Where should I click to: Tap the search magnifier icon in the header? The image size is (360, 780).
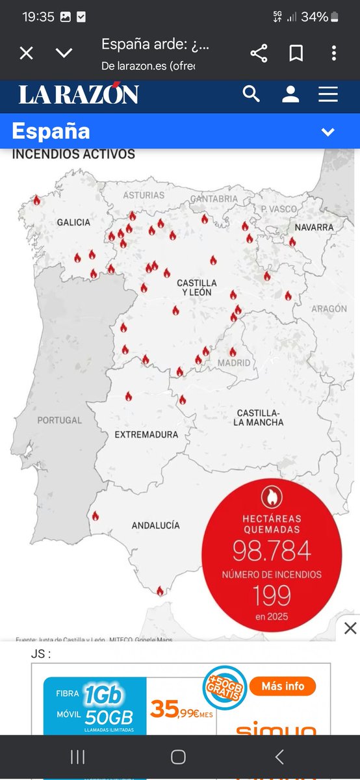pyautogui.click(x=251, y=94)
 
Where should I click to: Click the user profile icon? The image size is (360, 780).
pyautogui.click(x=290, y=94)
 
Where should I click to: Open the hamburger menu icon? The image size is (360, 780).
pyautogui.click(x=328, y=94)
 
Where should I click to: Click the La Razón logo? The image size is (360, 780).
pyautogui.click(x=79, y=95)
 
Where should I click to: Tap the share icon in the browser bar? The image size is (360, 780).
pyautogui.click(x=259, y=53)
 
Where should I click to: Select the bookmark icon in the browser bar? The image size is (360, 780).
pyautogui.click(x=296, y=53)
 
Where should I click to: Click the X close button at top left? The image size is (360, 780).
pyautogui.click(x=26, y=53)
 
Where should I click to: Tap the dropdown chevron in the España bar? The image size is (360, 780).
pyautogui.click(x=328, y=132)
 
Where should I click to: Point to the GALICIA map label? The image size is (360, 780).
pyautogui.click(x=73, y=222)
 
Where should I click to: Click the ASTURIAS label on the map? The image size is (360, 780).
pyautogui.click(x=144, y=195)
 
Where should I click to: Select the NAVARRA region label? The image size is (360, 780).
pyautogui.click(x=314, y=227)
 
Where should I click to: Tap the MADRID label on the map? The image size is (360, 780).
pyautogui.click(x=234, y=363)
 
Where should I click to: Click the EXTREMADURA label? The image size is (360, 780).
pyautogui.click(x=146, y=434)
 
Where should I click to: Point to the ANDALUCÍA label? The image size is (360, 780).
pyautogui.click(x=155, y=525)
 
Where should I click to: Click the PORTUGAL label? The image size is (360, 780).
pyautogui.click(x=60, y=421)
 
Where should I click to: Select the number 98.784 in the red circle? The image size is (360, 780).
pyautogui.click(x=272, y=551)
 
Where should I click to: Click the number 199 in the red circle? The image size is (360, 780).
pyautogui.click(x=272, y=595)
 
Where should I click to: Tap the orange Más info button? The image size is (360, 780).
pyautogui.click(x=288, y=686)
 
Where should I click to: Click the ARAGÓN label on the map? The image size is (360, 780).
pyautogui.click(x=333, y=309)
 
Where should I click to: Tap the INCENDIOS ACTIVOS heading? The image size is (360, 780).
pyautogui.click(x=74, y=155)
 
